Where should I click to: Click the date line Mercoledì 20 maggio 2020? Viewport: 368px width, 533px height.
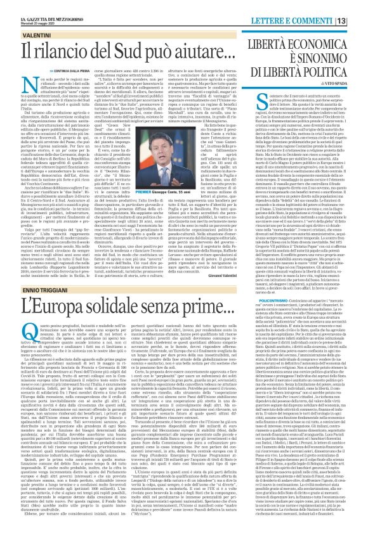coord(22,8)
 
